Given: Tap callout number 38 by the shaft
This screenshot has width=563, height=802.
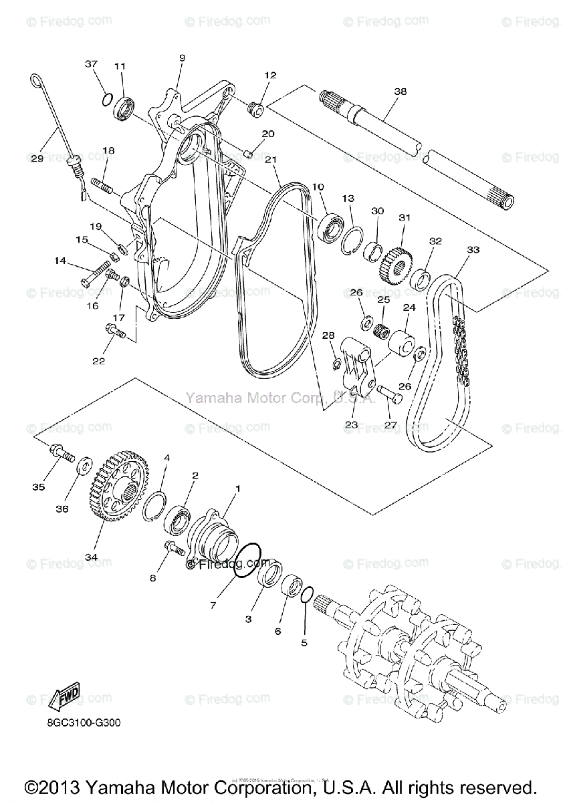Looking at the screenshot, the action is pyautogui.click(x=400, y=92).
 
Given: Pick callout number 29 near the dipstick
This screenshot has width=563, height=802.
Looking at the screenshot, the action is pyautogui.click(x=37, y=158).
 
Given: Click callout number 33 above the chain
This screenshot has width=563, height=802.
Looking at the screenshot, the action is pyautogui.click(x=473, y=250).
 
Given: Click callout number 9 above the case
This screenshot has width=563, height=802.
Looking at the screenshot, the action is pyautogui.click(x=181, y=59).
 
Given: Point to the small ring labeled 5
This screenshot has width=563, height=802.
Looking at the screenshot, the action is pyautogui.click(x=308, y=594).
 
